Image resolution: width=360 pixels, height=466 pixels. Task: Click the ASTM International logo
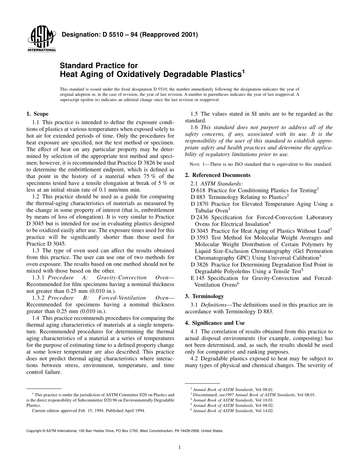[41, 40]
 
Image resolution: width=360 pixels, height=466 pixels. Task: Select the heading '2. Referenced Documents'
[218, 175]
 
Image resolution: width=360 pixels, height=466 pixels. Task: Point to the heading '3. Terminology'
[204, 296]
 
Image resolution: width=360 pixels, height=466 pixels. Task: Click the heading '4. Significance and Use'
[214, 323]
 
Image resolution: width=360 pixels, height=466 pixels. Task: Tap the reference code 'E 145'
[198, 278]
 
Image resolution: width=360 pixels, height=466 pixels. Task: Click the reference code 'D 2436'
[201, 217]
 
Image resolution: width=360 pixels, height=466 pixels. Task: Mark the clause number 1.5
[194, 114]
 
